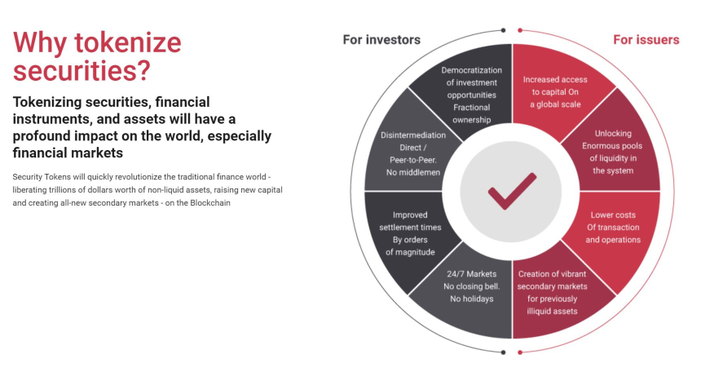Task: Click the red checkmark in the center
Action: [x=511, y=191]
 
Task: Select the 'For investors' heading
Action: [x=381, y=40]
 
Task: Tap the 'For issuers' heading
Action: [x=646, y=40]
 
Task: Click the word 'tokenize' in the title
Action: [x=127, y=43]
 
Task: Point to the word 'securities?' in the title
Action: [x=82, y=71]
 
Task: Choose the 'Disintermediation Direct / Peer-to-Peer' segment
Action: [x=412, y=153]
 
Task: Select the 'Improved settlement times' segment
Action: [x=409, y=233]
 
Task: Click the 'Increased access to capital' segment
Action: [x=556, y=91]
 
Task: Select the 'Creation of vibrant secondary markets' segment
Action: [x=553, y=291]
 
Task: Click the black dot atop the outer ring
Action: [x=504, y=30]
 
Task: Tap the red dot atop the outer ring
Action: [x=520, y=30]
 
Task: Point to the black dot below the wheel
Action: [x=504, y=352]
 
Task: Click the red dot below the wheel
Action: [x=520, y=352]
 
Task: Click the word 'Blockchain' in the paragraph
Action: [x=210, y=203]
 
